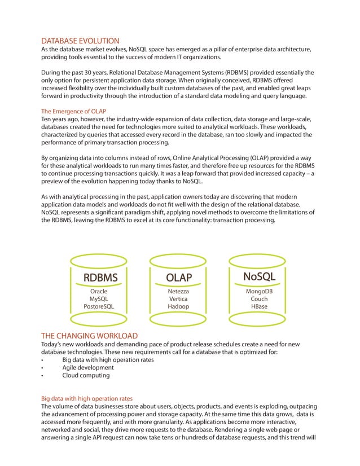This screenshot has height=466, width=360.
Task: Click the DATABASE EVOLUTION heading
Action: point(80,41)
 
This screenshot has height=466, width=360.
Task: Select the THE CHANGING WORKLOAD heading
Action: point(90,336)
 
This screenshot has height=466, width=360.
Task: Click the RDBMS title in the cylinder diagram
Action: point(100,278)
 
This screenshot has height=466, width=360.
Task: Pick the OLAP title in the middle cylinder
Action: point(178,278)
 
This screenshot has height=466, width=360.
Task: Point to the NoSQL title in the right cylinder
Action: point(259,276)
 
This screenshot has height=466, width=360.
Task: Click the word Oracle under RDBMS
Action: point(99,291)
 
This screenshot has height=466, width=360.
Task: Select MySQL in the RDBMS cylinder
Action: point(99,298)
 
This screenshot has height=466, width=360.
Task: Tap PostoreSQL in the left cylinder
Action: point(99,306)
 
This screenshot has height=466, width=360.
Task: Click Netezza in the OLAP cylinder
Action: point(178,291)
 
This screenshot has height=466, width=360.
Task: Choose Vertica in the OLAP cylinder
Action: point(178,298)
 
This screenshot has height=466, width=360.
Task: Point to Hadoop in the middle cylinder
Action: point(178,306)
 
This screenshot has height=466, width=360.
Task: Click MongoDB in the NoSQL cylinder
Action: point(259,291)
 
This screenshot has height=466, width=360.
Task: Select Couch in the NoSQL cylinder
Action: point(259,298)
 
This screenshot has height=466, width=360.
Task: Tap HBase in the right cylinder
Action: point(259,306)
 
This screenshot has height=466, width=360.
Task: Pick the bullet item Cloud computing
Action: point(86,375)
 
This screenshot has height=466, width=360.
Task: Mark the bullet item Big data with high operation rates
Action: point(108,359)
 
